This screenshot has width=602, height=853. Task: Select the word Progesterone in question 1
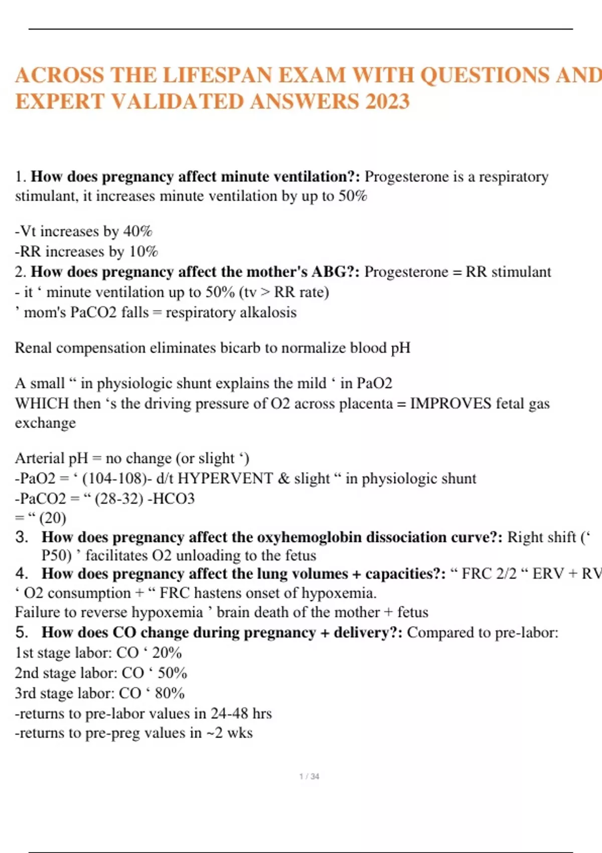[x=406, y=177]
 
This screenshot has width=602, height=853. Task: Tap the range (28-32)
[x=119, y=498]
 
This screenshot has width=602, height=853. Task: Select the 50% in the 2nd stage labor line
[x=172, y=673]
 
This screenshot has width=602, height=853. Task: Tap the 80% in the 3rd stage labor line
[x=170, y=693]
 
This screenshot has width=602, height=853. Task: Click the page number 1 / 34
[x=309, y=777]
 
